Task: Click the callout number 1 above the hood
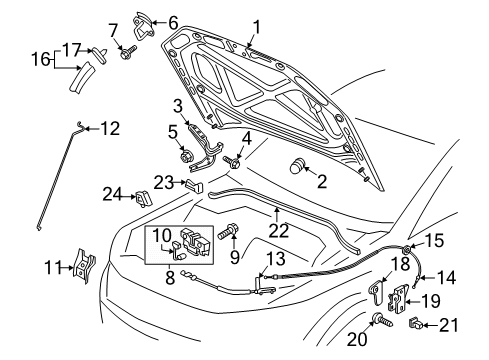(256, 27)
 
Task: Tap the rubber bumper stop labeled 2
(297, 166)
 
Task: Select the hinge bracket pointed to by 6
(144, 25)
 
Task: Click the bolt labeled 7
(128, 52)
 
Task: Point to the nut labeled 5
(185, 156)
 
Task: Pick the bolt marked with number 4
(233, 162)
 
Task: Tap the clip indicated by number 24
(143, 199)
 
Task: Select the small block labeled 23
(194, 185)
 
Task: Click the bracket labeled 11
(84, 266)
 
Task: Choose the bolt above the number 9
(228, 231)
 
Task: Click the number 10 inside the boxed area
(162, 236)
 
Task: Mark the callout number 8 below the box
(170, 277)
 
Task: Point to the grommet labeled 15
(407, 249)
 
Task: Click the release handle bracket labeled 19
(397, 299)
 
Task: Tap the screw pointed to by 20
(382, 319)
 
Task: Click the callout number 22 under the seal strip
(279, 230)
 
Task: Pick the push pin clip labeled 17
(101, 53)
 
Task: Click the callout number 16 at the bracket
(41, 60)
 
